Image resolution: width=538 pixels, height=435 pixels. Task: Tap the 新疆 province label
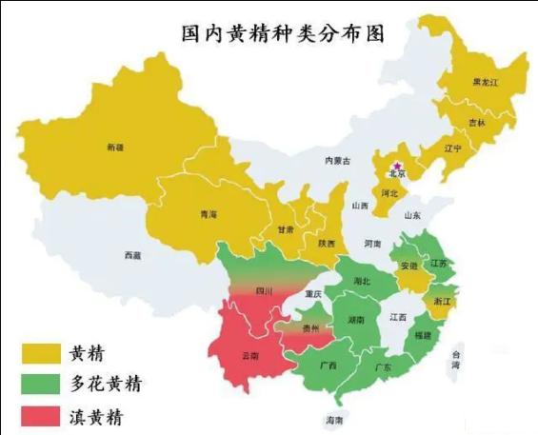click(115, 147)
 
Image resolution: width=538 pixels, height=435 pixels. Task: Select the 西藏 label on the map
click(132, 255)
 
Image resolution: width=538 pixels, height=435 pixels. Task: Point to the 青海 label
click(209, 214)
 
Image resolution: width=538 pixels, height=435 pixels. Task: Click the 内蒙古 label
click(338, 160)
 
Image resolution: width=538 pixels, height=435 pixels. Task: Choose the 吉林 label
click(477, 123)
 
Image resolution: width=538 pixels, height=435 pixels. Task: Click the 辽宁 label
click(452, 148)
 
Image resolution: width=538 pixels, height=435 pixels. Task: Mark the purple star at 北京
click(397, 166)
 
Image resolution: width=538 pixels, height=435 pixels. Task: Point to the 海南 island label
click(333, 419)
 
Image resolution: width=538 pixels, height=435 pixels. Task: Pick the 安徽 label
click(408, 266)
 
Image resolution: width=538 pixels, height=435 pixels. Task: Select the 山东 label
click(411, 216)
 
